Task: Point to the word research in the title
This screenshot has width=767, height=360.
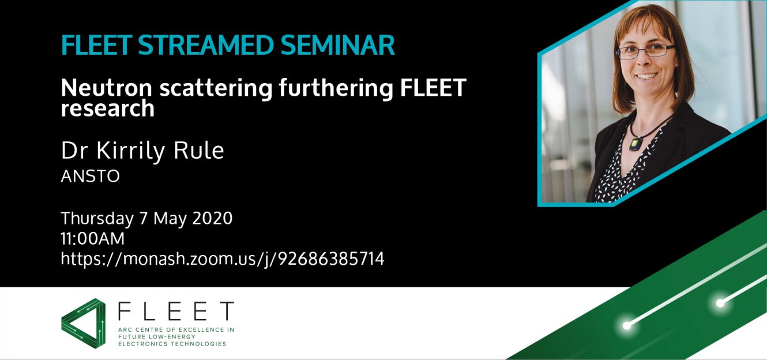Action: (x=108, y=109)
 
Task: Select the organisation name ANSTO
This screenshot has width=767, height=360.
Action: (x=90, y=176)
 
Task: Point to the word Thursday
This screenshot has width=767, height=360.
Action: (x=97, y=219)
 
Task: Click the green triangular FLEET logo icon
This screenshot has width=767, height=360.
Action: (x=83, y=323)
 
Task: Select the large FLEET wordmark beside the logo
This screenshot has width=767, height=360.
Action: (x=176, y=312)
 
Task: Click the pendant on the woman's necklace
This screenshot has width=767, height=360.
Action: (x=635, y=143)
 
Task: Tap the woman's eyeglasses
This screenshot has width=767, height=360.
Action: (x=645, y=51)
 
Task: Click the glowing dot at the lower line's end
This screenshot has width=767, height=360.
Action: (x=627, y=326)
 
